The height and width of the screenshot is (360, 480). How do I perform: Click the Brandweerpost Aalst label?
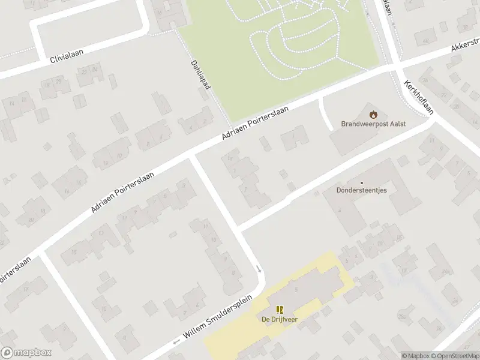[373, 124]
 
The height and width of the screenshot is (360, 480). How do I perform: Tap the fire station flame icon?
[373, 113]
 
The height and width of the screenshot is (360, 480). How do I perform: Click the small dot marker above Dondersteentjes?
[361, 183]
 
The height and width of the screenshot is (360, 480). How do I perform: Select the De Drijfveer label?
[280, 319]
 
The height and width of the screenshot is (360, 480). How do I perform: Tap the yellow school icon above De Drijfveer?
[280, 310]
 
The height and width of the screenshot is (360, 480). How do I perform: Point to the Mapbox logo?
[26, 353]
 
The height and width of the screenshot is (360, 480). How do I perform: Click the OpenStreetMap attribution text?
[455, 356]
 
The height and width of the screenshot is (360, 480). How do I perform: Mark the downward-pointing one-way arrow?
[260, 269]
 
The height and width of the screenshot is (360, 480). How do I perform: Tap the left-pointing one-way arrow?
[176, 342]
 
